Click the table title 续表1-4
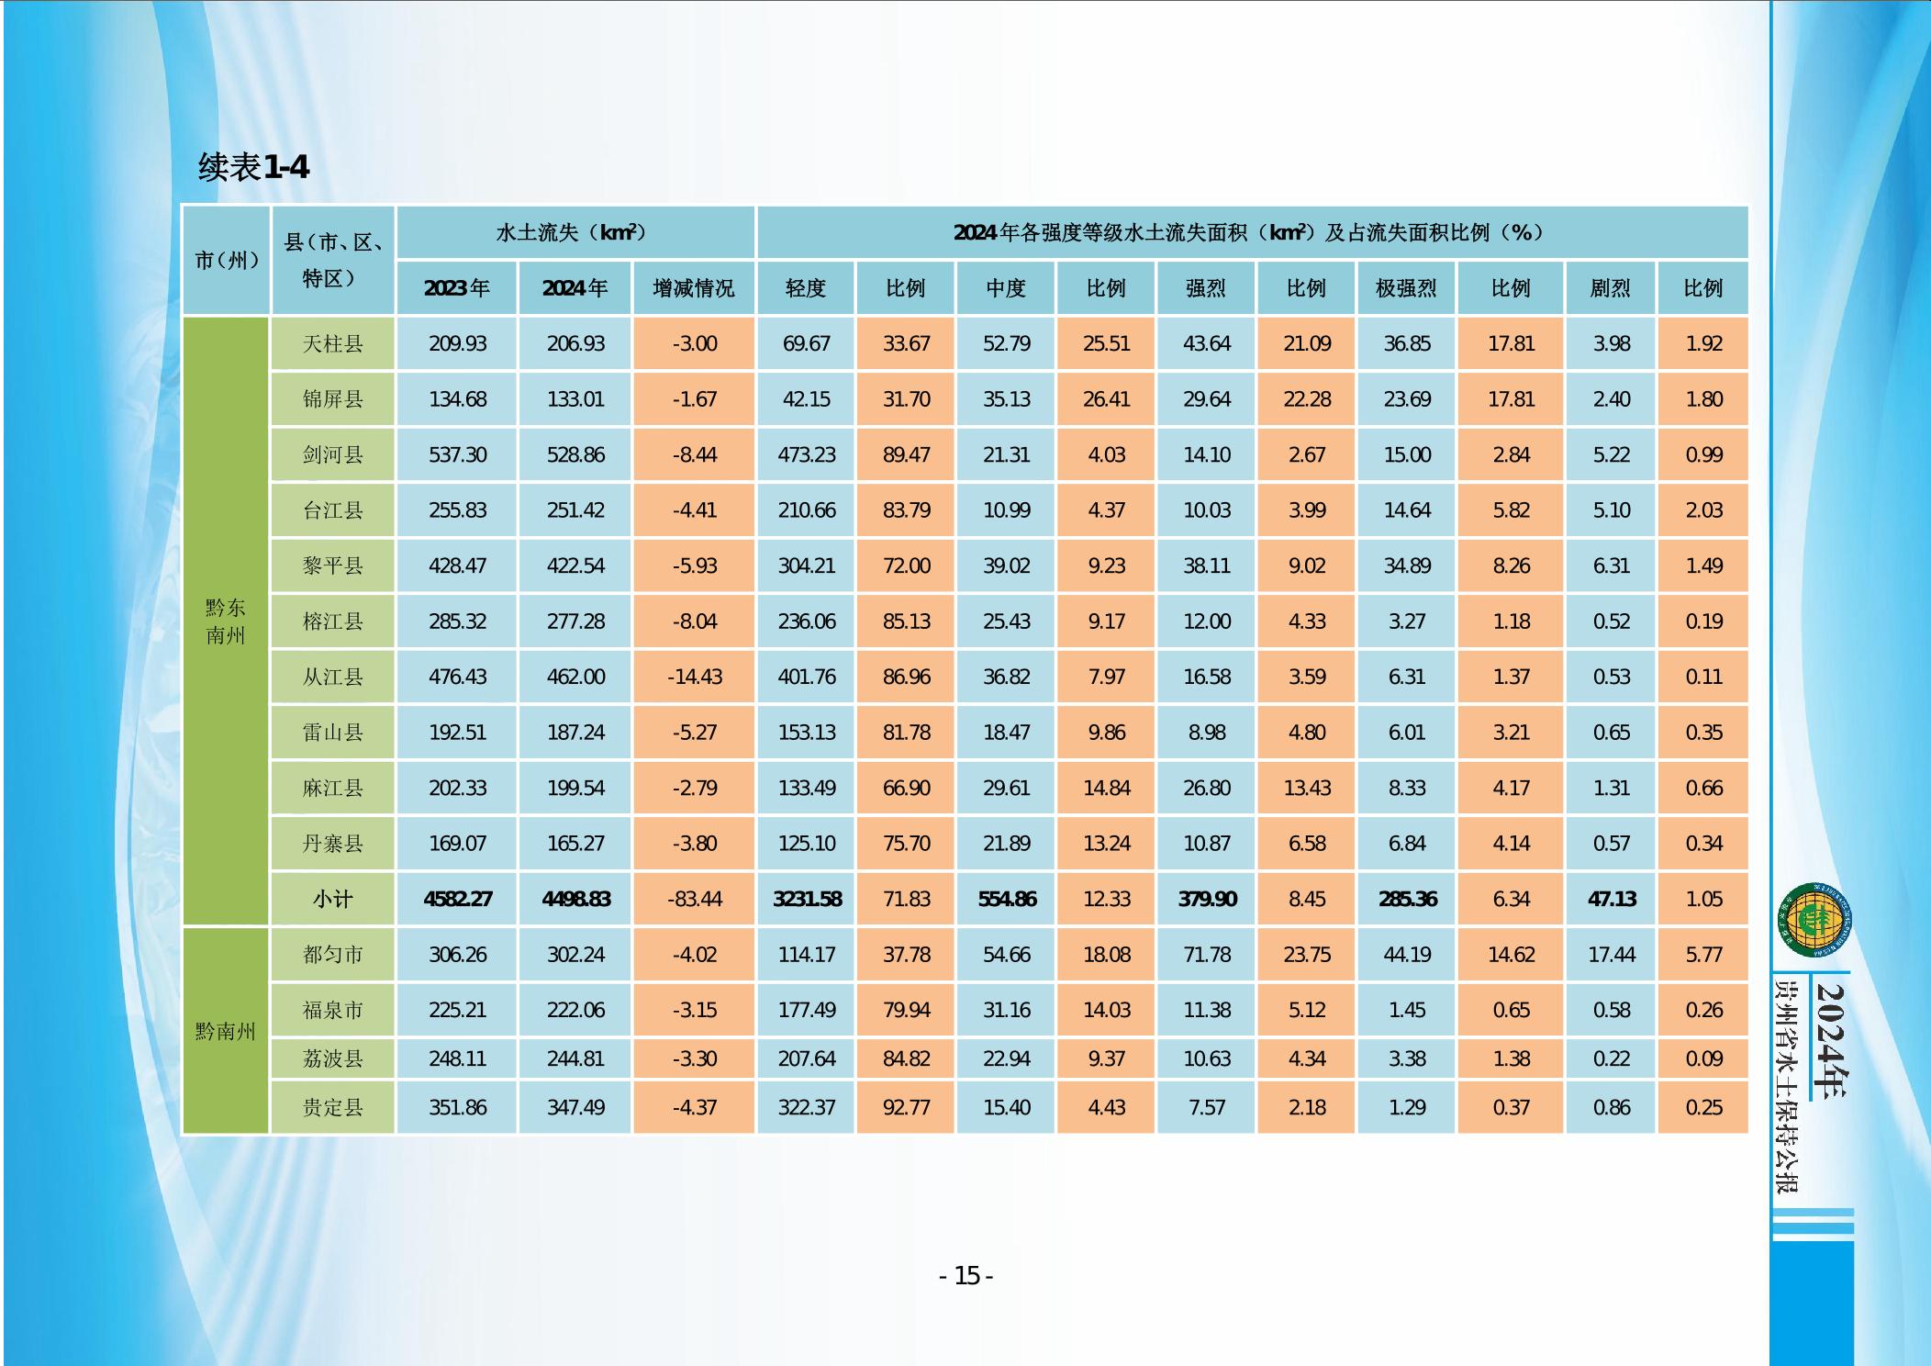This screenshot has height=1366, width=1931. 253,167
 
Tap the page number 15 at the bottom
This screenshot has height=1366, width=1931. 966,1276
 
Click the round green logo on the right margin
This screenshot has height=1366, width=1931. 1814,919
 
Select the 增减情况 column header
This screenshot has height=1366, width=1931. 694,288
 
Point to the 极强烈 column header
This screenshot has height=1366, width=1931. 1406,288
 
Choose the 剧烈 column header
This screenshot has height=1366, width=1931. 1611,288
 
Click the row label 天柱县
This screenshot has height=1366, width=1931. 333,344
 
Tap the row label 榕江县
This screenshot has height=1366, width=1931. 333,621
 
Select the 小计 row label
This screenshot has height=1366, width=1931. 333,900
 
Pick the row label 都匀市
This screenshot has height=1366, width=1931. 333,955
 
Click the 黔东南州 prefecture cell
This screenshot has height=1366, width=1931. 226,621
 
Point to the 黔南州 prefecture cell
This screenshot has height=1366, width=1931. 226,1031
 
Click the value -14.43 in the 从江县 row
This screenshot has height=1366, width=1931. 694,677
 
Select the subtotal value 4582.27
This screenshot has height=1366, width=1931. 457,900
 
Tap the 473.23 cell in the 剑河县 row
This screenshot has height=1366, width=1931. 806,455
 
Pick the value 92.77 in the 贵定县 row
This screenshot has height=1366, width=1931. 906,1108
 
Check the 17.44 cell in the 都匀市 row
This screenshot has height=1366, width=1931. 1611,955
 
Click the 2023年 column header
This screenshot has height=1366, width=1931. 457,288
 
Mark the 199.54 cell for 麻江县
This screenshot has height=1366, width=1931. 575,789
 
